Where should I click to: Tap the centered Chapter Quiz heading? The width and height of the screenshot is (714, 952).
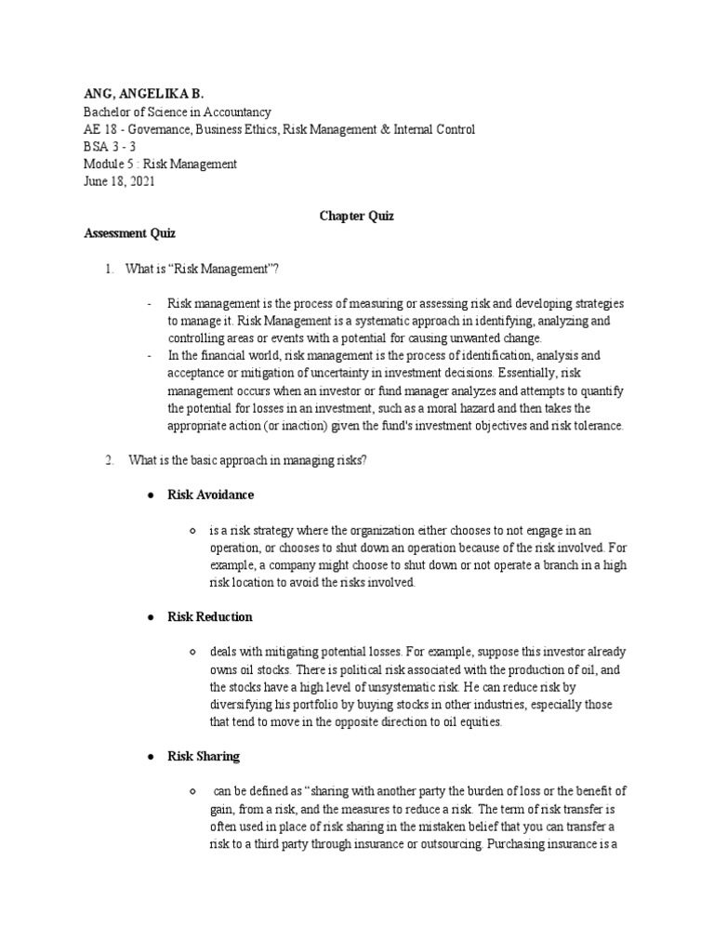tap(357, 216)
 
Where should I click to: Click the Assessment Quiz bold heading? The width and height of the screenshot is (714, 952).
tap(129, 234)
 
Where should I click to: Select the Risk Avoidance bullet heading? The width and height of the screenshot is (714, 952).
tap(210, 495)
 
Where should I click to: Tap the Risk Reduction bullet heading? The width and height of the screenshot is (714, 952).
tap(209, 616)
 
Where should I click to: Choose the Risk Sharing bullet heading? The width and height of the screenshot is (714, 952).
tap(203, 757)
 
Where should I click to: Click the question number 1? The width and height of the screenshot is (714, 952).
tap(109, 270)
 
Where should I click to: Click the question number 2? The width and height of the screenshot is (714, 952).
tap(109, 459)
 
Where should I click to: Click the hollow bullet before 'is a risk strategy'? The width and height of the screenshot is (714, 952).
tap(192, 531)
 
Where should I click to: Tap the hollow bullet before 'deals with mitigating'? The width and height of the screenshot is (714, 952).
tap(192, 653)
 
